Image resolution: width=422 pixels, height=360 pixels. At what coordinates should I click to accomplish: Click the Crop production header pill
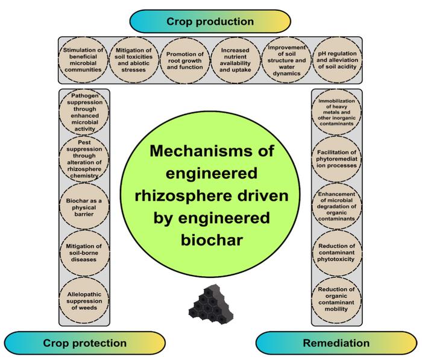(x=211, y=21)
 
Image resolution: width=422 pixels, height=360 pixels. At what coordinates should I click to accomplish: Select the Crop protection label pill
(x=85, y=343)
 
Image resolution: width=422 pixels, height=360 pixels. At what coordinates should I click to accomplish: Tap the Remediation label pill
(x=337, y=343)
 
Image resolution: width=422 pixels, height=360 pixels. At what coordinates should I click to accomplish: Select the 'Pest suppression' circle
(x=85, y=159)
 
